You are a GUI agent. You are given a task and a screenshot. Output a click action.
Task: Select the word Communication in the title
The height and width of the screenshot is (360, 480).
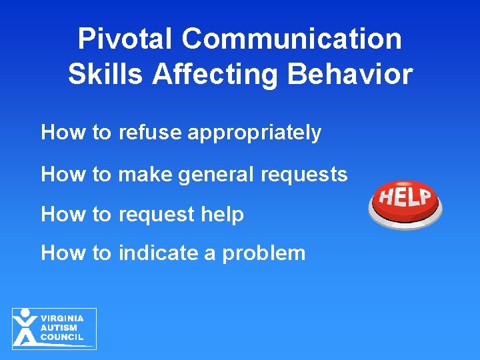(292, 39)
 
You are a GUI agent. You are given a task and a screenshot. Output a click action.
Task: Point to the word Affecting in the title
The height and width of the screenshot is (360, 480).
(216, 75)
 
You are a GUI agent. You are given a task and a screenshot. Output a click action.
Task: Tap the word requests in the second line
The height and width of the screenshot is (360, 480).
(304, 175)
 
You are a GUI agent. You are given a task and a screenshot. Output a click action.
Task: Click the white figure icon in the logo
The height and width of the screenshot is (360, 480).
(25, 327)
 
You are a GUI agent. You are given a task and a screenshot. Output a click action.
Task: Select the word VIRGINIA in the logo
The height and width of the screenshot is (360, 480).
(62, 319)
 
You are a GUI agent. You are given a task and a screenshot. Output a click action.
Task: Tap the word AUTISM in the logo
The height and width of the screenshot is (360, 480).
(59, 328)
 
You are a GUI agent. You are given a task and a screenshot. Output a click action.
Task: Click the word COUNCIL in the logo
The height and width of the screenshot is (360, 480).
(63, 337)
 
